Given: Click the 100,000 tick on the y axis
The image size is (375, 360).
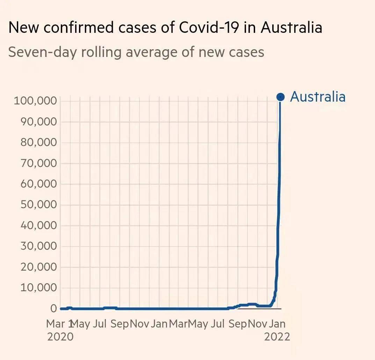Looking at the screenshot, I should pyautogui.click(x=35, y=101).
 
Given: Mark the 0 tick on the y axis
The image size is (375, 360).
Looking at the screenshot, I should pyautogui.click(x=53, y=309).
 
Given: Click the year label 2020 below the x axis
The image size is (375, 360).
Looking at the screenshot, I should pyautogui.click(x=60, y=337).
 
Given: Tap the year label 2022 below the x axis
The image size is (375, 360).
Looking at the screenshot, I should pyautogui.click(x=277, y=337).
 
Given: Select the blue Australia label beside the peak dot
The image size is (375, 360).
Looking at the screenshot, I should pyautogui.click(x=318, y=97).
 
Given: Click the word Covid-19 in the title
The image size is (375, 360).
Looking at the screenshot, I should pyautogui.click(x=208, y=27).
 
